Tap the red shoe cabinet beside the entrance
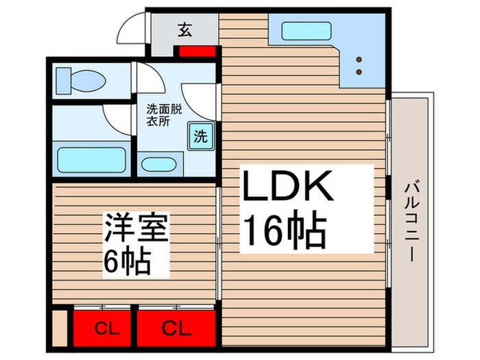pos(195,51)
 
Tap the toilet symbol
pos(80,79)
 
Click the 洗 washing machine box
pos(200,135)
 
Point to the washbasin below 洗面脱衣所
pos(160,165)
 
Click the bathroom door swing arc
pos(117,117)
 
